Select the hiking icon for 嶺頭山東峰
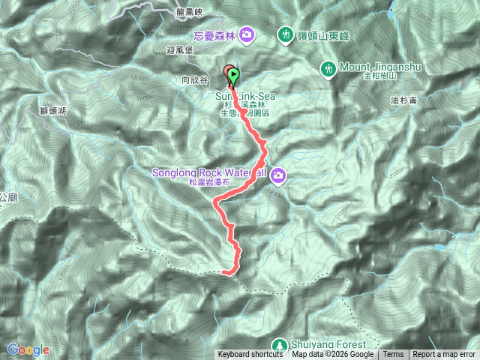pyautogui.click(x=286, y=34)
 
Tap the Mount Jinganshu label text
pyautogui.click(x=381, y=67)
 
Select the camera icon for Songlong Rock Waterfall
pyautogui.click(x=278, y=175)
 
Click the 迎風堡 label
pyautogui.click(x=179, y=50)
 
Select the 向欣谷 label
pyautogui.click(x=193, y=79)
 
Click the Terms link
pyautogui.click(x=393, y=355)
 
